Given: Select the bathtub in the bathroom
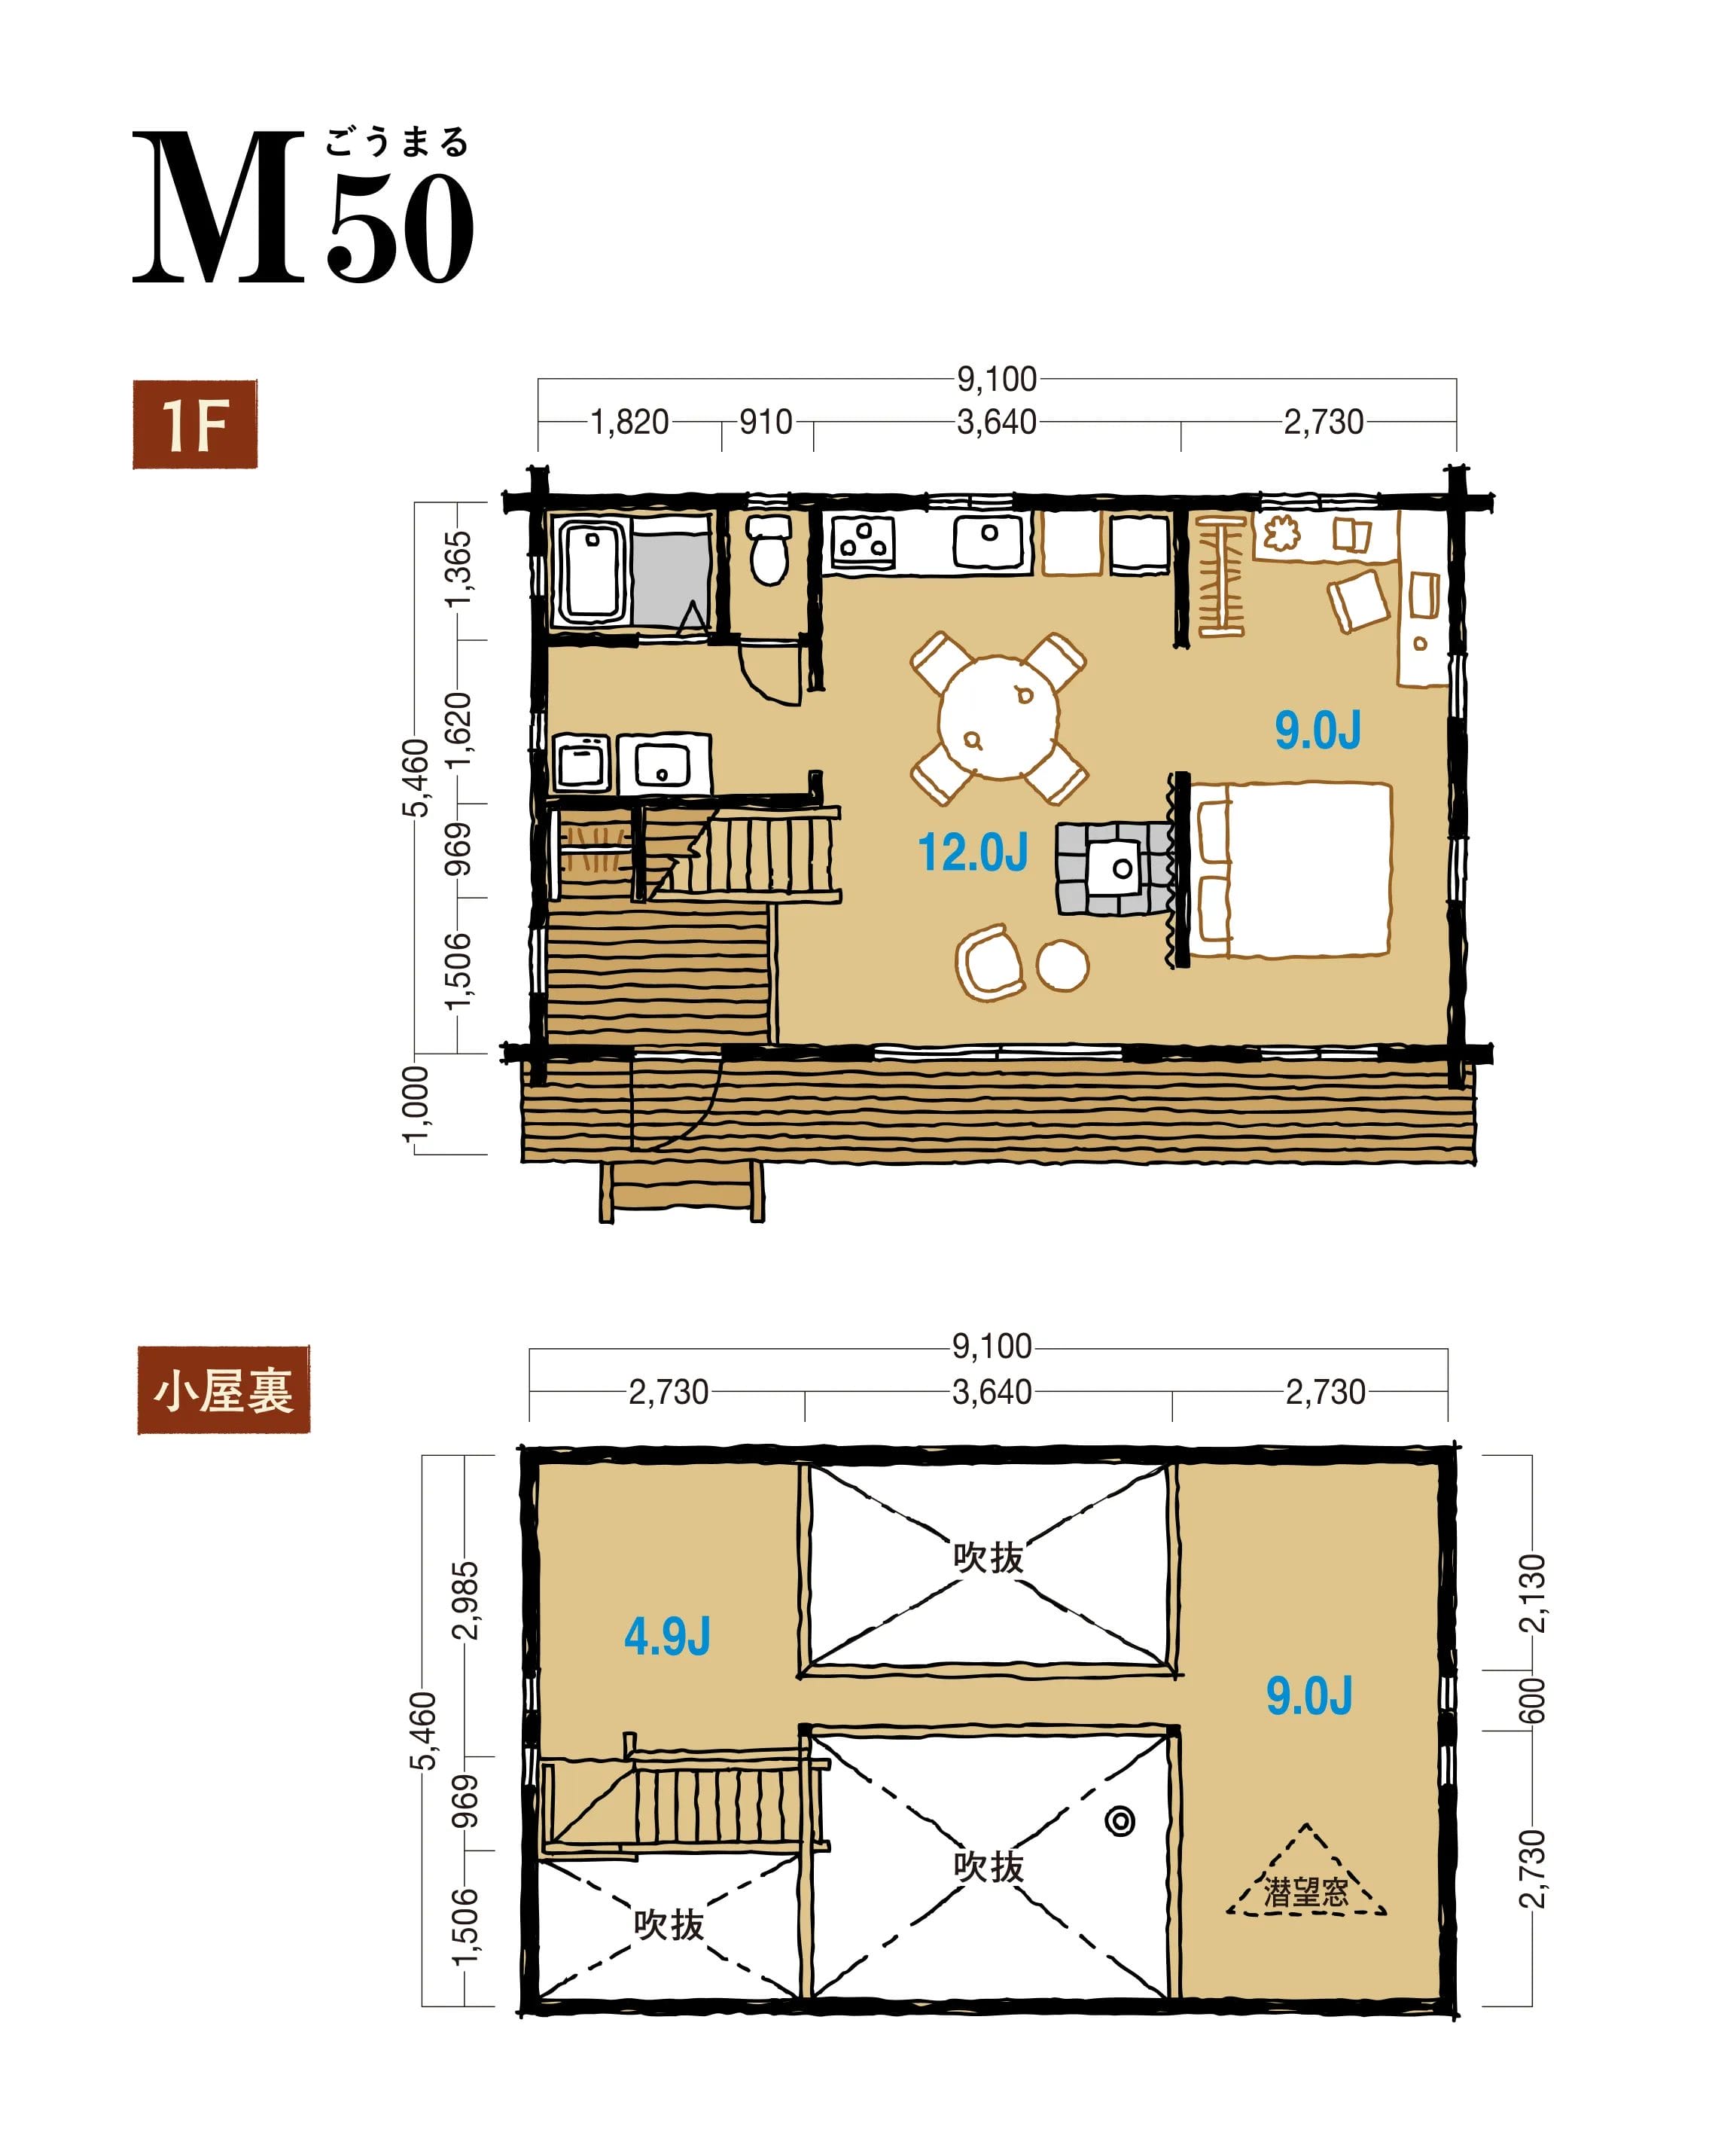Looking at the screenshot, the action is pos(593,570).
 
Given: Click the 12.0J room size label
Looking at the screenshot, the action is pos(972,853).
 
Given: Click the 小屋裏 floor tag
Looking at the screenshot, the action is pos(224,1390).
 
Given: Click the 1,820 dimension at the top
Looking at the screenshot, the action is pos(629,423).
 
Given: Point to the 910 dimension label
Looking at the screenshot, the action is pos(766,423).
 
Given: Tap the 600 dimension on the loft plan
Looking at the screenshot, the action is pos(1531,1701).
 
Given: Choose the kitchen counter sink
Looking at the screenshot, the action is pos(988,542).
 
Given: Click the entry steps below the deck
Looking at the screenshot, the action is pos(681,1190).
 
